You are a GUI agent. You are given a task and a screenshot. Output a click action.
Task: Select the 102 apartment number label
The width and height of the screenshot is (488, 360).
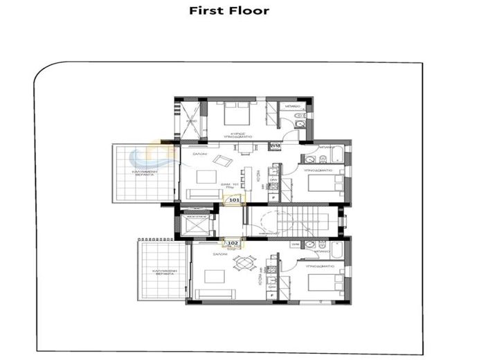pyautogui.click(x=233, y=243)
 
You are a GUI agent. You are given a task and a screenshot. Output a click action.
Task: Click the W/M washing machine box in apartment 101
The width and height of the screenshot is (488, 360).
pyautogui.click(x=275, y=146)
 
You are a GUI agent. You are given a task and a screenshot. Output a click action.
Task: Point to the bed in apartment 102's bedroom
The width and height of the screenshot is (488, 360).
pyautogui.click(x=324, y=283)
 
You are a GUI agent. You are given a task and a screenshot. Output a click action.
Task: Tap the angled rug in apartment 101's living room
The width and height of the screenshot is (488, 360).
pyautogui.click(x=222, y=161)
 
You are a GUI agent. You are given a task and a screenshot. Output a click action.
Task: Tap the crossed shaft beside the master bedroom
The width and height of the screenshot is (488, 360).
pyautogui.click(x=189, y=119)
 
